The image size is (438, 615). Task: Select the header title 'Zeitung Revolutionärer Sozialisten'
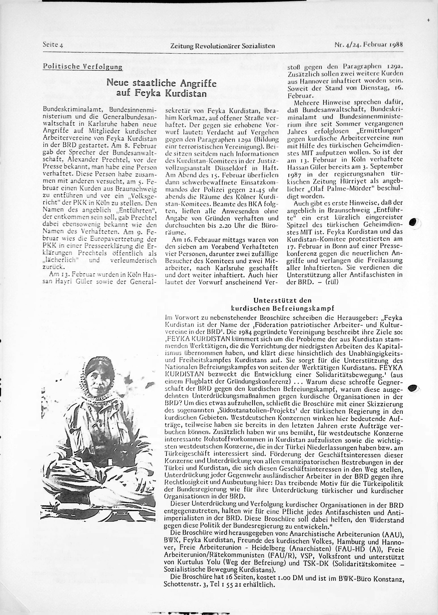point(222,46)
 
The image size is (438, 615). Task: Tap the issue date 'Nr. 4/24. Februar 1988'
point(368,44)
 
